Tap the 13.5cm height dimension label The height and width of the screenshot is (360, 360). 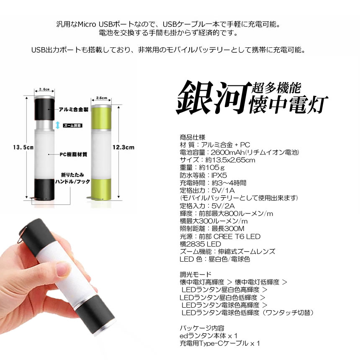(23, 147)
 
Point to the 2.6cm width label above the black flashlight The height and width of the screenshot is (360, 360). (44, 89)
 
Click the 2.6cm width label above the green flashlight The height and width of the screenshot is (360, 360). (102, 98)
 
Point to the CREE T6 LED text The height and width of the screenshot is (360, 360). (239, 236)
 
